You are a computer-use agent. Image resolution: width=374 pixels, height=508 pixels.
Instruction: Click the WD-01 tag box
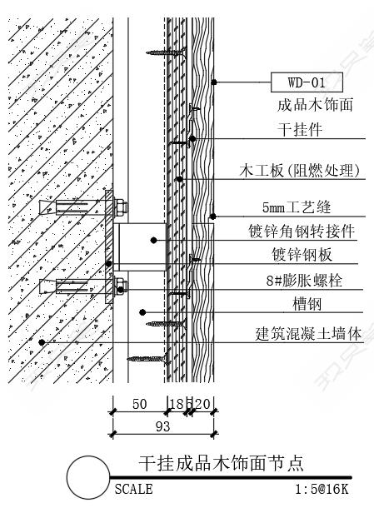(307, 82)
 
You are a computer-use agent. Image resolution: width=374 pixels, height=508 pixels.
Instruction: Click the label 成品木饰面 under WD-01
(315, 105)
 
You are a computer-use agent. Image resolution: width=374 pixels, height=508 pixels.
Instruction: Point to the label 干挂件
(300, 130)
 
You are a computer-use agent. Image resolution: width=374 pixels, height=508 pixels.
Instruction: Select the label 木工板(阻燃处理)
(300, 171)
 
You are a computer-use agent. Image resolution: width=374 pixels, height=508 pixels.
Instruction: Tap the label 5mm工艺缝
(297, 207)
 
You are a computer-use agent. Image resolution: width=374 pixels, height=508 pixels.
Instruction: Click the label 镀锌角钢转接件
(302, 232)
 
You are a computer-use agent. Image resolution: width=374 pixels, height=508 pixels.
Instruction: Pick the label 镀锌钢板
(302, 254)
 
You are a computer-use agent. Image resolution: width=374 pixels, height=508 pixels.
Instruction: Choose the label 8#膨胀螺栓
(304, 280)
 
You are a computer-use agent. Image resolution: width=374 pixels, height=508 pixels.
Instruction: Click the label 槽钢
(307, 304)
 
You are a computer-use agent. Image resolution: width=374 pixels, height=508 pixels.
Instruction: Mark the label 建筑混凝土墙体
(308, 333)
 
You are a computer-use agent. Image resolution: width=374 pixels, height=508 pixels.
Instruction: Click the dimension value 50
(140, 404)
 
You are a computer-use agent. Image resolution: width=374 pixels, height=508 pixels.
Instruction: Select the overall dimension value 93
(162, 426)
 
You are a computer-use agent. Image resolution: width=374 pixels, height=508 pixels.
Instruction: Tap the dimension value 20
(203, 404)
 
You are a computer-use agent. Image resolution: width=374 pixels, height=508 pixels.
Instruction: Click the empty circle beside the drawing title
(88, 477)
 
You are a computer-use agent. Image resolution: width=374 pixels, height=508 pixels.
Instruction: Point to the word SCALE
(133, 489)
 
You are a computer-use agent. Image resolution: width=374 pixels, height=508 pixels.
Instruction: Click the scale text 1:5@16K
(322, 489)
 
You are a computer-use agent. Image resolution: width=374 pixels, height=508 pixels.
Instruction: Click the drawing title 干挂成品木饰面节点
(221, 463)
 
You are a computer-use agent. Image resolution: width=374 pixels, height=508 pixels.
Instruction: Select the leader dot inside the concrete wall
(42, 342)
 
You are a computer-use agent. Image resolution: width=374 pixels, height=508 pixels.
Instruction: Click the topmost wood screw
(167, 52)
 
